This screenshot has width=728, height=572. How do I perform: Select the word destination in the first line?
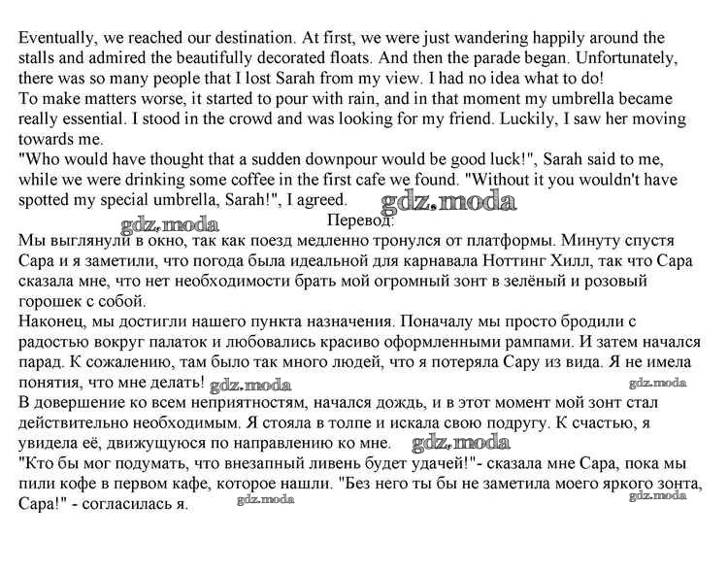pyautogui.click(x=247, y=38)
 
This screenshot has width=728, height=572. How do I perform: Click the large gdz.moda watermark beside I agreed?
pyautogui.click(x=448, y=202)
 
